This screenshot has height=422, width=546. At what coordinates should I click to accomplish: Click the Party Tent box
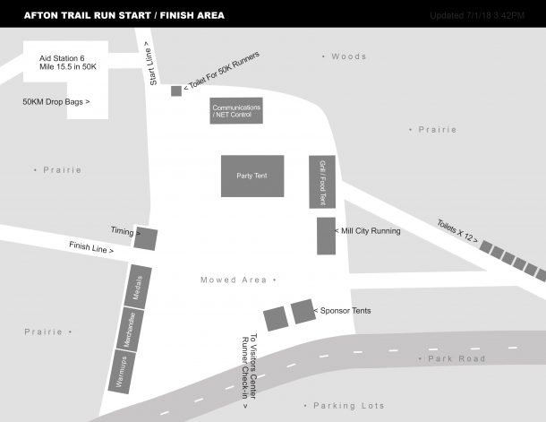coord(252,176)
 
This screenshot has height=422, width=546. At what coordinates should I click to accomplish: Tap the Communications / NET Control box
coord(236,111)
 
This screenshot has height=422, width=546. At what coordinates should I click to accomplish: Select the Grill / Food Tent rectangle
coord(321,181)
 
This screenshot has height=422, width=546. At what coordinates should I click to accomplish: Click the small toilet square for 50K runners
coord(176,90)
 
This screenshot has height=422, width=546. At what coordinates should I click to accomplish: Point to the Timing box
coord(145,239)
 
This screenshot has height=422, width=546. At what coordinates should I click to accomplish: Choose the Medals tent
coord(139,287)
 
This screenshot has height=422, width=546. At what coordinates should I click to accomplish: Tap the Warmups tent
coord(119,369)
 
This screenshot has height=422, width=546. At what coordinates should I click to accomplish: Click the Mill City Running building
coord(326,235)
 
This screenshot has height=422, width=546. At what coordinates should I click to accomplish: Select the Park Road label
coord(456,358)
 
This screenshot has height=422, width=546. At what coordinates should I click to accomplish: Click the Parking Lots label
coord(348,406)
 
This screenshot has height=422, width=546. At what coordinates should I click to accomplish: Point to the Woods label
coord(348,56)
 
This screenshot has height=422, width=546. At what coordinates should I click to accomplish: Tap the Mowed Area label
coord(234,280)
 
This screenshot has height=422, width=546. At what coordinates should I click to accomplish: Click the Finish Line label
coord(91,247)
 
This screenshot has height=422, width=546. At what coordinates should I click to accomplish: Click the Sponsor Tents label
coord(346,311)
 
